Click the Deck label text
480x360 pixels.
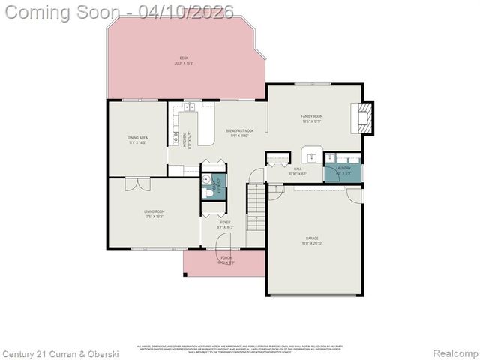pyautogui.click(x=184, y=60)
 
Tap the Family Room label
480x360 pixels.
pyautogui.click(x=312, y=118)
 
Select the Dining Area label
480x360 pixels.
pyautogui.click(x=137, y=139)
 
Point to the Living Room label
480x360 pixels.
pyautogui.click(x=154, y=214)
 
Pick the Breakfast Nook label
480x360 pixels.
pyautogui.click(x=240, y=133)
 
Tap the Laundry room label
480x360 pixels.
pyautogui.click(x=343, y=170)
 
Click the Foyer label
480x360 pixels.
pyautogui.click(x=225, y=224)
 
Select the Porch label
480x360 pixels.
pyautogui.click(x=226, y=259)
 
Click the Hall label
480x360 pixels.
pyautogui.click(x=298, y=171)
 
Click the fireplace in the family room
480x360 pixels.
pyautogui.click(x=364, y=118)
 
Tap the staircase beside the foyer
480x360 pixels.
pyautogui.click(x=256, y=208)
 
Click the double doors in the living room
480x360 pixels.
pyautogui.click(x=137, y=184)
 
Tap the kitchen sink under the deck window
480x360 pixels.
pyautogui.click(x=190, y=107)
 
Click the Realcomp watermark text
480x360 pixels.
pyautogui.click(x=456, y=352)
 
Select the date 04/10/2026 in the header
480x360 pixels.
pyautogui.click(x=191, y=11)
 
